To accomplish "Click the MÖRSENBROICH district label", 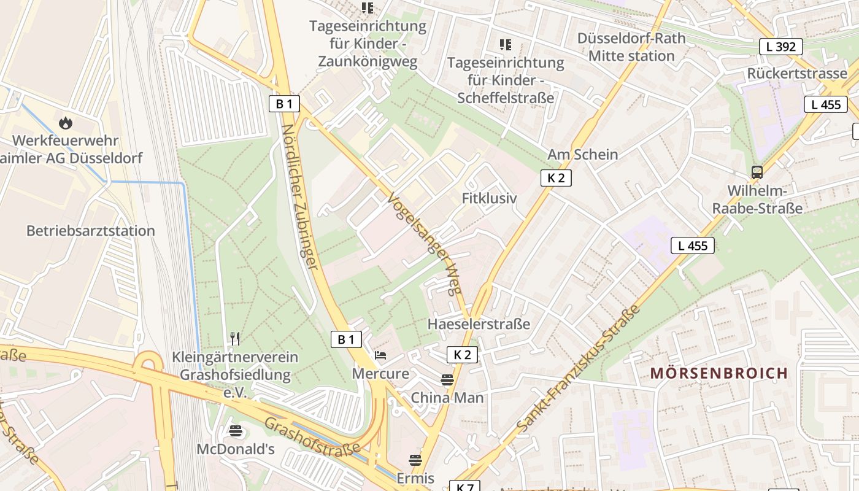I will [x=710, y=373].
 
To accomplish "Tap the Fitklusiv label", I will [x=489, y=198].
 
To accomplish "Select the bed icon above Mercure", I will [x=380, y=355].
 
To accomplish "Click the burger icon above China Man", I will [x=447, y=379].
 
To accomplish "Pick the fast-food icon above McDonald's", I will [x=236, y=431].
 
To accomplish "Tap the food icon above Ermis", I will [x=415, y=460].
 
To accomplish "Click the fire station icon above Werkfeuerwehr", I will [x=66, y=123].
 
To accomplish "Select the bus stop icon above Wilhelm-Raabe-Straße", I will [x=757, y=172].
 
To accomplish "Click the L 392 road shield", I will [x=780, y=47].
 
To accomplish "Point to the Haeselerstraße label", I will [x=479, y=323].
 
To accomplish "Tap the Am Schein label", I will [x=582, y=154].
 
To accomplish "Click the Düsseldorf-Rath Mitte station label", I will [x=631, y=47].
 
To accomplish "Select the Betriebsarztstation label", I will [x=90, y=231].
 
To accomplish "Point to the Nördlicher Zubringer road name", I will [x=300, y=196].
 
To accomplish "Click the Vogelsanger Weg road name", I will [x=425, y=243].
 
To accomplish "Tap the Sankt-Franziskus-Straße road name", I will [x=578, y=367].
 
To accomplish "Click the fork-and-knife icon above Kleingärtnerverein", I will [x=234, y=338].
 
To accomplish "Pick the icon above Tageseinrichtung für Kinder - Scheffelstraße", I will [x=505, y=44].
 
